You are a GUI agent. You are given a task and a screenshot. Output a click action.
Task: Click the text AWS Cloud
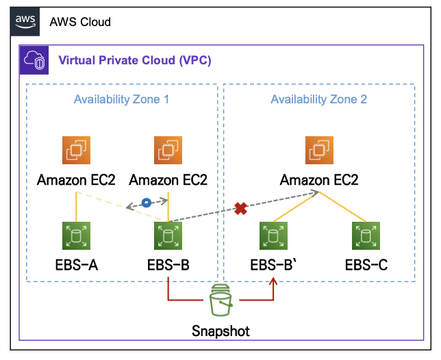[80, 22]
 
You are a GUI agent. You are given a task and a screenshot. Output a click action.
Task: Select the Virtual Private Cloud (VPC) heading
[135, 60]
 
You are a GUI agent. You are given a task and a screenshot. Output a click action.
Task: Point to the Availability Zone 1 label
[122, 99]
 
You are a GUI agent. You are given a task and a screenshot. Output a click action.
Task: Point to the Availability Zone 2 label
[319, 99]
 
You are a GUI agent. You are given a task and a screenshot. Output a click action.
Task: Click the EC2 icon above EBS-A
[76, 151]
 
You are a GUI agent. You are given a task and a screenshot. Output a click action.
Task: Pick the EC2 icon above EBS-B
[168, 151]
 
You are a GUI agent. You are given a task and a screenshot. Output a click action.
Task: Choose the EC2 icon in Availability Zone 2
[319, 151]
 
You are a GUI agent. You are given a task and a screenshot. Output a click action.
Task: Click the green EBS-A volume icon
[76, 235]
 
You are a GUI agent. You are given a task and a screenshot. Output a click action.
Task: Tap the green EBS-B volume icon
[168, 235]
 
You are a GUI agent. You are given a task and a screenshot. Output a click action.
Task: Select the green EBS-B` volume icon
[273, 235]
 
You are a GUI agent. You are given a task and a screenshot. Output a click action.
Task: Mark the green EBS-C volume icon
[366, 235]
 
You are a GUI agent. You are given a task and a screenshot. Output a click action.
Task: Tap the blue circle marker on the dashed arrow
[146, 203]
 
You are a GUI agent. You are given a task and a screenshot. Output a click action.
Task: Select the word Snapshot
[220, 331]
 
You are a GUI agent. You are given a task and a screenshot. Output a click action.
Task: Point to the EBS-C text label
[366, 265]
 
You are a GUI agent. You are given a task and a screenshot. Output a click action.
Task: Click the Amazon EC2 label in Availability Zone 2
[319, 180]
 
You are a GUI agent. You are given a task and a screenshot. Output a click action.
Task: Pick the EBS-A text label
[76, 265]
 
